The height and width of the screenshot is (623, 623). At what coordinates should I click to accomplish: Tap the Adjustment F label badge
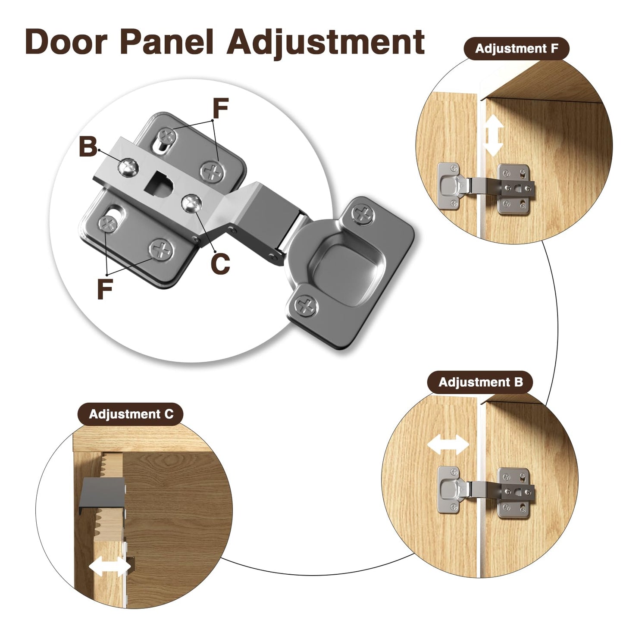click(517, 49)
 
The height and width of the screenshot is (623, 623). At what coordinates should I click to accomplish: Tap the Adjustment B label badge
click(480, 382)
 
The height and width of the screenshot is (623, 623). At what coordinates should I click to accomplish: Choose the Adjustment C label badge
click(131, 414)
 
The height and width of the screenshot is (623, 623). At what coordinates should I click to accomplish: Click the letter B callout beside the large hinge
click(88, 147)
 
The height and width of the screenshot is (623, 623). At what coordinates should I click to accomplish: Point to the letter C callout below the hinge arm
click(220, 263)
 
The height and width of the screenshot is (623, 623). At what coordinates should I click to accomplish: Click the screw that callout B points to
click(128, 167)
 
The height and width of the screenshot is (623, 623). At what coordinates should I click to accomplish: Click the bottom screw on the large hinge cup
click(306, 305)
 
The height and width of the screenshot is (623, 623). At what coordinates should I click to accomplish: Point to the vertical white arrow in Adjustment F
click(493, 136)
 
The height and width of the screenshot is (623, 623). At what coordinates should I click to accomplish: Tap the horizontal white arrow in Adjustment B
click(448, 445)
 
